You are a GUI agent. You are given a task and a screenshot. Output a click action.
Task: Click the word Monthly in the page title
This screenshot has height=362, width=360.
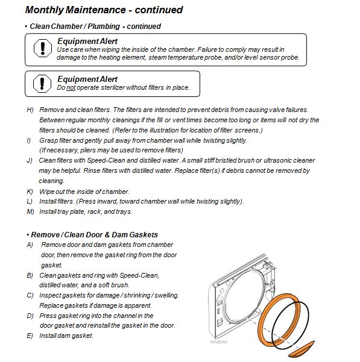coord(44,10)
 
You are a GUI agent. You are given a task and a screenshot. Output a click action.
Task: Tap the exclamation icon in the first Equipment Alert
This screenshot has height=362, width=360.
coord(43,48)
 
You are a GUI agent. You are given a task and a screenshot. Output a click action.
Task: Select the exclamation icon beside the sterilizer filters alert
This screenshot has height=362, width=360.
coord(42,84)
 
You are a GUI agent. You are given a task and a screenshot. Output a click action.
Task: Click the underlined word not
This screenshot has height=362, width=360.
coord(71,88)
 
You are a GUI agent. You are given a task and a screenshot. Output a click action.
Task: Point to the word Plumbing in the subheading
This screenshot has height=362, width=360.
coord(104,27)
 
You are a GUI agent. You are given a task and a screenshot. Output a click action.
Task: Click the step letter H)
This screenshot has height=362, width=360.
coord(30,110)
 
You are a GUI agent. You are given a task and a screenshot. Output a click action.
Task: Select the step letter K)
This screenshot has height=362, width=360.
coord(30,192)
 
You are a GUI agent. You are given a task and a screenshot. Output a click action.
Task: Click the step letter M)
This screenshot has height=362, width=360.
coord(30,211)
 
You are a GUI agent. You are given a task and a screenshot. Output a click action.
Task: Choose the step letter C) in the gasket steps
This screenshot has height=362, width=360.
coord(30,295)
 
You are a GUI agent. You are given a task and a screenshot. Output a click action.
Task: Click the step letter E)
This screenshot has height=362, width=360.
coord(30,335)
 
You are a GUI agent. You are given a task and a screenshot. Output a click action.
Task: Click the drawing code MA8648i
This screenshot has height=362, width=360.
coord(219,342)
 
